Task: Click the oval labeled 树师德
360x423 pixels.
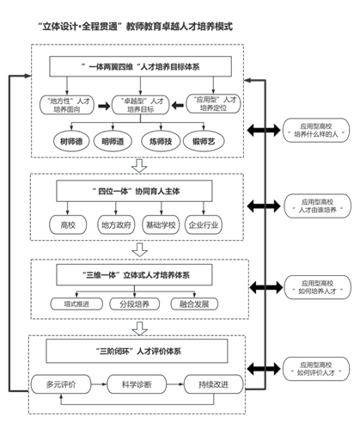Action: [x=71, y=141]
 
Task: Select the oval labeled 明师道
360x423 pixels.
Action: [x=113, y=141]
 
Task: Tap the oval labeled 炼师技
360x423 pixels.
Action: [x=161, y=141]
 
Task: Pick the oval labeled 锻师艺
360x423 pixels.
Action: [x=204, y=141]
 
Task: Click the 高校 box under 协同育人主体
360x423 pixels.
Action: [x=68, y=225]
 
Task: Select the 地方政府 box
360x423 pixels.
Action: [x=116, y=225]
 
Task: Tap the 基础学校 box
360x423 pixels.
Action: [x=161, y=225]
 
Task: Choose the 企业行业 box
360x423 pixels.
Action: [x=204, y=225]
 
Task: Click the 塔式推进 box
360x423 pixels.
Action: [x=76, y=304]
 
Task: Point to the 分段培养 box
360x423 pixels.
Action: [x=135, y=304]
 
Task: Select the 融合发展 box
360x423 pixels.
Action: [x=194, y=304]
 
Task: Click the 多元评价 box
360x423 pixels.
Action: [x=61, y=384]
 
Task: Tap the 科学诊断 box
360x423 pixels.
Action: [x=137, y=384]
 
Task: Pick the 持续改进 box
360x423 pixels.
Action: [x=214, y=384]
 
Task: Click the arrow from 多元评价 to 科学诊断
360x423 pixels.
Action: [x=99, y=384]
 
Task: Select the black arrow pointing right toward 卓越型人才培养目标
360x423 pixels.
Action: [x=104, y=106]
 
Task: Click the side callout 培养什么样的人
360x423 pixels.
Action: [x=316, y=130]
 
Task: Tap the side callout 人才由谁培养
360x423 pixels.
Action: [x=317, y=205]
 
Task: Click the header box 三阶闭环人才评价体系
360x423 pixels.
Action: [x=137, y=351]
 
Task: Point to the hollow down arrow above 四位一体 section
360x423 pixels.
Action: [x=139, y=166]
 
